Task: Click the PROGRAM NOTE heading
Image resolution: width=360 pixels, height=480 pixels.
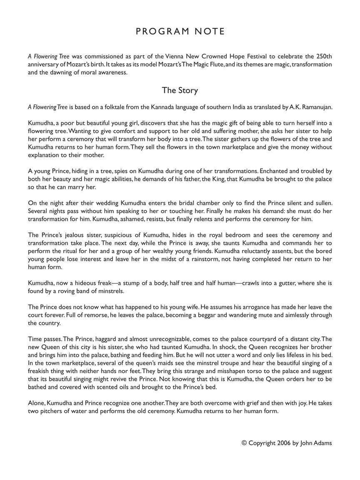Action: point(180,32)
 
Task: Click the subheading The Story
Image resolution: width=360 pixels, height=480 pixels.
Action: point(180,90)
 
